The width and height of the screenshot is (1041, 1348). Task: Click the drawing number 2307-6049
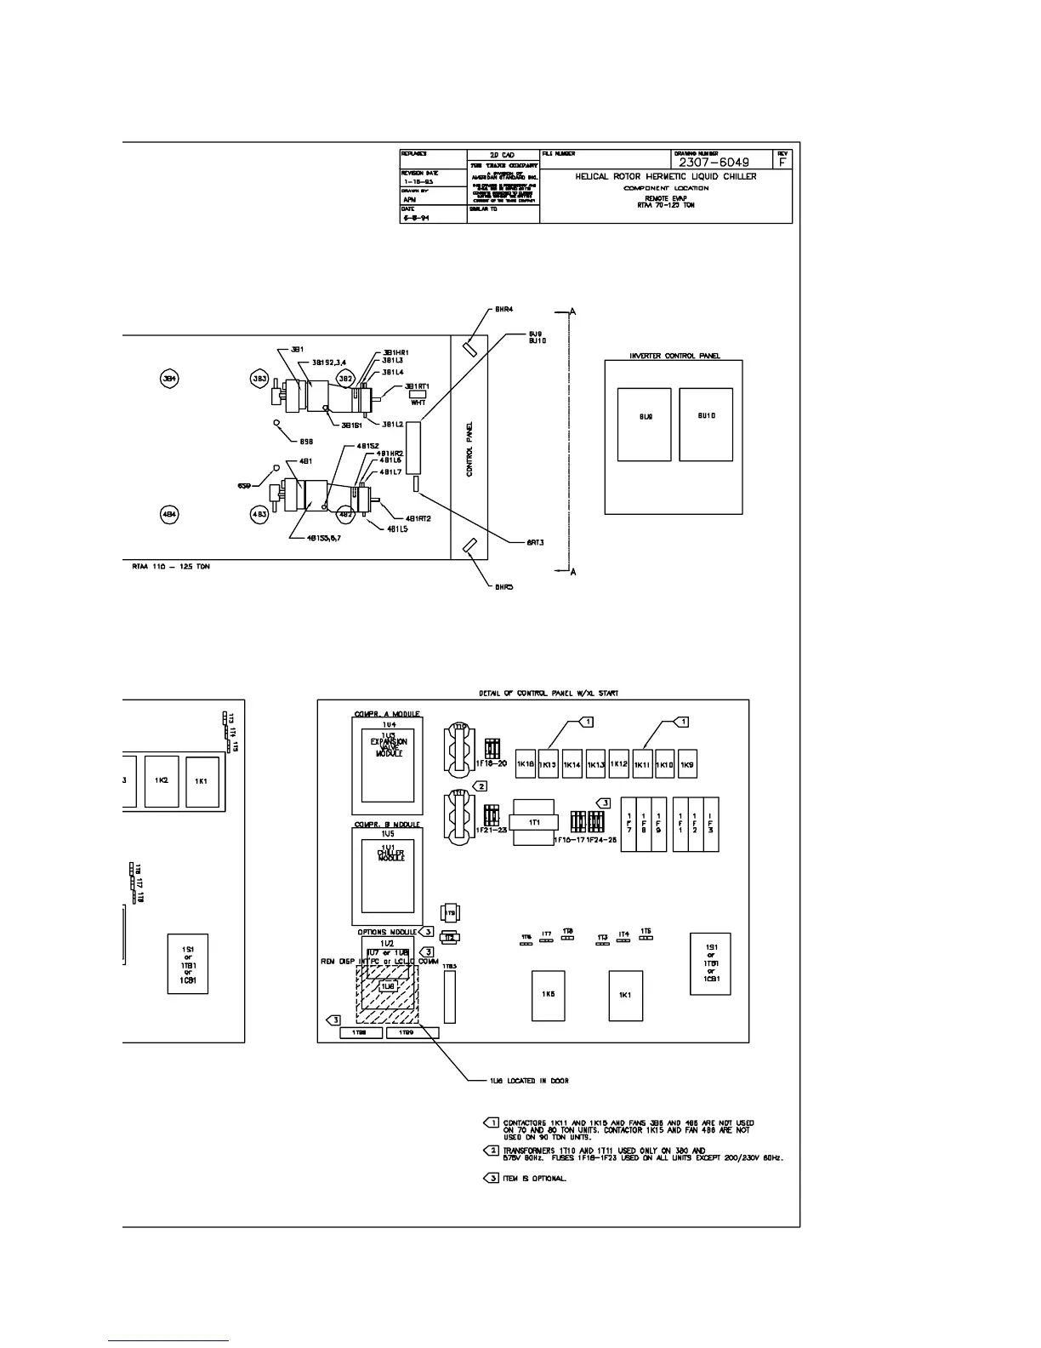pyautogui.click(x=714, y=162)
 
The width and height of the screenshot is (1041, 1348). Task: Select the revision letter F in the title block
pyautogui.click(x=782, y=162)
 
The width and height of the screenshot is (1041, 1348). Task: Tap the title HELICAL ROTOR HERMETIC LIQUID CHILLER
pyautogui.click(x=665, y=177)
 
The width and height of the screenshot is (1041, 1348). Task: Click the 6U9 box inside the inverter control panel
pyautogui.click(x=644, y=425)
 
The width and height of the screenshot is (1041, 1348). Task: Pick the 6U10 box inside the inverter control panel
pyautogui.click(x=706, y=425)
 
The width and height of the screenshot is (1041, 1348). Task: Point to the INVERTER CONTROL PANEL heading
pyautogui.click(x=674, y=356)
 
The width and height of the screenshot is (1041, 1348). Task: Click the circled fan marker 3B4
pyautogui.click(x=169, y=378)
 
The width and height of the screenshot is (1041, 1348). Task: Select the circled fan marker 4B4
pyautogui.click(x=169, y=514)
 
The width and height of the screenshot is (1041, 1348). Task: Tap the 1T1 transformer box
pyautogui.click(x=534, y=822)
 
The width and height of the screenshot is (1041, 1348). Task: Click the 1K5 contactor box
pyautogui.click(x=549, y=995)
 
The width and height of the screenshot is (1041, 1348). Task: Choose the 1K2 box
pyautogui.click(x=162, y=781)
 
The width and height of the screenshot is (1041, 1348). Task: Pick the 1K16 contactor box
pyautogui.click(x=526, y=763)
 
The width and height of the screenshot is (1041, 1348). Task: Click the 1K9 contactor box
pyautogui.click(x=687, y=763)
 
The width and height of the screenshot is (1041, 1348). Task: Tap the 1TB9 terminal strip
pyautogui.click(x=412, y=1032)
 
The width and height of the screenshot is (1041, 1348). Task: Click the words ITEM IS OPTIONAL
pyautogui.click(x=534, y=1179)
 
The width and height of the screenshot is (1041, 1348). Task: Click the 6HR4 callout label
pyautogui.click(x=503, y=310)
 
